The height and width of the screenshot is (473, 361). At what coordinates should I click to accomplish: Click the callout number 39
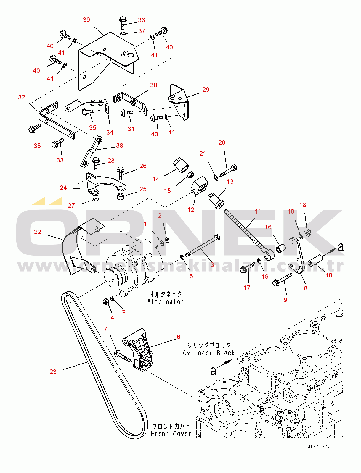tap(86, 20)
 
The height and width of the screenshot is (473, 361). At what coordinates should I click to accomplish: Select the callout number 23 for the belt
tap(53, 372)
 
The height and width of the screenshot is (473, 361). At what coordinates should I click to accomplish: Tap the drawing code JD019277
tap(319, 447)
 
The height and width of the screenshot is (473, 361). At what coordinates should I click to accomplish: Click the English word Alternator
tap(166, 302)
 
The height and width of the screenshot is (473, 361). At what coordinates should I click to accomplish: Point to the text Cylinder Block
tap(208, 353)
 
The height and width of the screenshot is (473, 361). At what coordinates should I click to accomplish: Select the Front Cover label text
tap(171, 434)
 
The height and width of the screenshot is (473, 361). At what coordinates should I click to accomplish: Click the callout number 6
tap(178, 337)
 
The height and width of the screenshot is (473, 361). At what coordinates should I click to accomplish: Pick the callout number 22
tap(38, 232)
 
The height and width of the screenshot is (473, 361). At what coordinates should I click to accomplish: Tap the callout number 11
tap(258, 212)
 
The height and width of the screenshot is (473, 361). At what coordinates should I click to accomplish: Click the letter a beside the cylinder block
tap(213, 371)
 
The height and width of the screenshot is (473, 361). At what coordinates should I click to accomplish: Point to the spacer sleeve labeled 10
tap(315, 261)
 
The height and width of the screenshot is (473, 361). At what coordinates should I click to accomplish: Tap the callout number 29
tap(206, 90)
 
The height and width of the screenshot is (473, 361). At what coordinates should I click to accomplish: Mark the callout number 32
tap(22, 97)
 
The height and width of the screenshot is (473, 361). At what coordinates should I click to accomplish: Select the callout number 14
tap(156, 179)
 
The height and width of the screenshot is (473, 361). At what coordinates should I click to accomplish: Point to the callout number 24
tap(63, 188)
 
